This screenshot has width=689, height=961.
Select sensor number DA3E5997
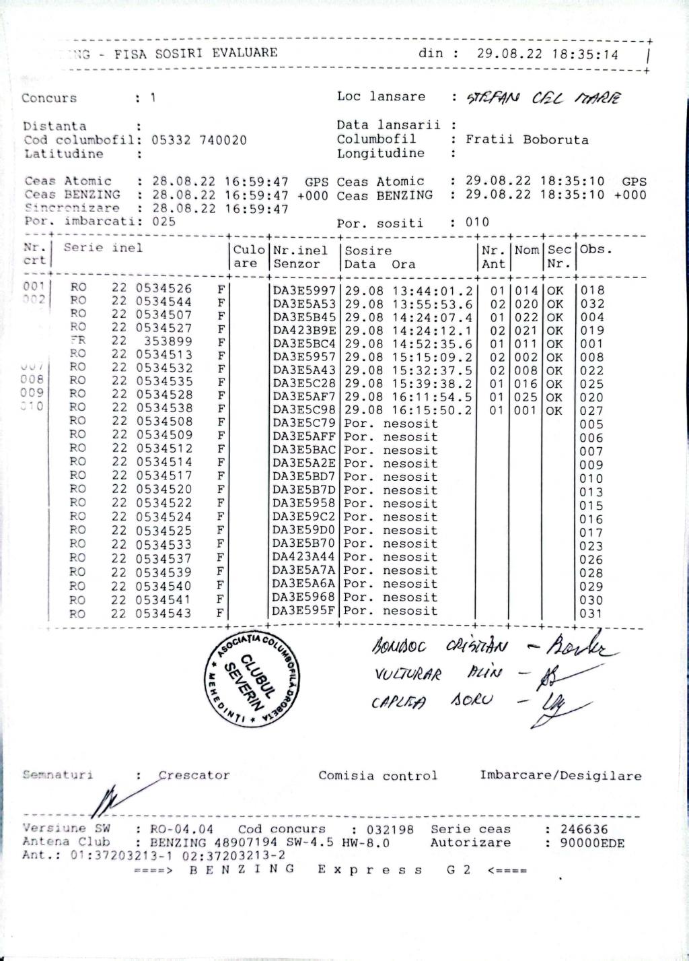click(x=304, y=291)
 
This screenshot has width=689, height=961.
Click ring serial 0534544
click(x=164, y=302)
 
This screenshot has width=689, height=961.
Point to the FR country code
click(x=77, y=341)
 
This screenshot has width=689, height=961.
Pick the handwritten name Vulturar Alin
click(x=437, y=674)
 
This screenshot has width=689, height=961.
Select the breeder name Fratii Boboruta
click(x=527, y=140)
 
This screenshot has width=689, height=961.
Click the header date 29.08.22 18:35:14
click(x=547, y=55)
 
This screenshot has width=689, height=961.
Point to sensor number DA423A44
click(x=304, y=558)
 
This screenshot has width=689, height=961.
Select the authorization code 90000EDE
click(x=592, y=843)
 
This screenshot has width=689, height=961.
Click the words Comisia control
click(x=377, y=776)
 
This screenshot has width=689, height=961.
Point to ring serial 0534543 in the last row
click(x=164, y=614)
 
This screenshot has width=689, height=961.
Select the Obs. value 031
click(x=591, y=614)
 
